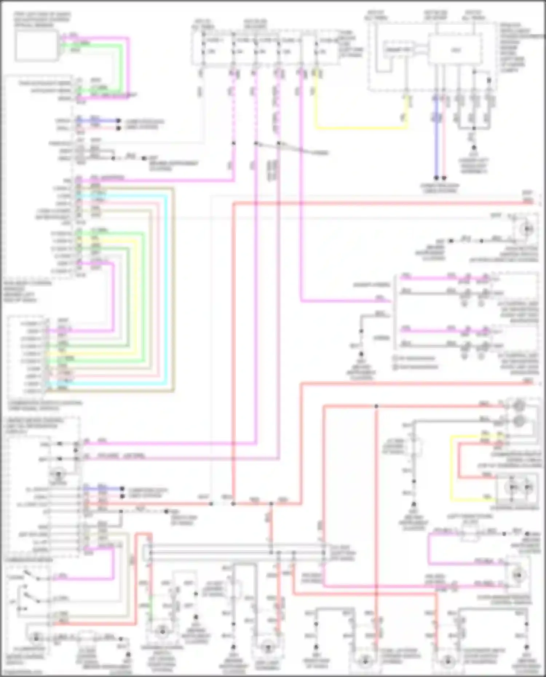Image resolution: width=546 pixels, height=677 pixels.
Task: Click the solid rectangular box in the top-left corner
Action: [36, 45]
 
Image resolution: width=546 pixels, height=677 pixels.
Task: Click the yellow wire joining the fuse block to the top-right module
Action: [360, 128]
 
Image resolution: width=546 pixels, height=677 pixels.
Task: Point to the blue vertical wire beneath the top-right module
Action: [436, 146]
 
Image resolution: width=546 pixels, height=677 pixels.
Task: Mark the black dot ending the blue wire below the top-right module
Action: [436, 178]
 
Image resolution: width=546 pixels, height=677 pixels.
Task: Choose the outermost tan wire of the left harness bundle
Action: [174, 291]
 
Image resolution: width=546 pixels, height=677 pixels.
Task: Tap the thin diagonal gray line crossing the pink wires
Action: [291, 148]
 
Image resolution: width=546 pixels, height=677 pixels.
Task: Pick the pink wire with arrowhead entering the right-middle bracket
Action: [346, 301]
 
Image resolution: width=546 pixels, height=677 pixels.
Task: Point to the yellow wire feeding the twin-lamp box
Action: [451, 469]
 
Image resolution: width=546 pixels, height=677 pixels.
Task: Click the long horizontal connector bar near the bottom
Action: [237, 553]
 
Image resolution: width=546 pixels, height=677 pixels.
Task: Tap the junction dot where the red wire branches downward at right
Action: [376, 406]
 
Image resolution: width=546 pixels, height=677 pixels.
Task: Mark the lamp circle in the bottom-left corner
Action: [36, 637]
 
